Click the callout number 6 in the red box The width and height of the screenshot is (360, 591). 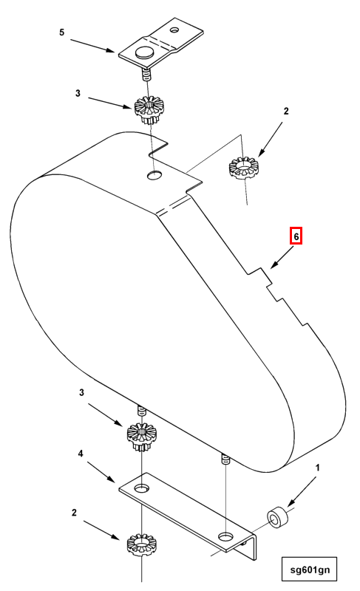[296, 236]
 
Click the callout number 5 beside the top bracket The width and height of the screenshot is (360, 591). [62, 32]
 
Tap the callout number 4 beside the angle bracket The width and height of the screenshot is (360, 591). [81, 454]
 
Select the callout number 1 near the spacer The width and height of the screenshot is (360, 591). [317, 468]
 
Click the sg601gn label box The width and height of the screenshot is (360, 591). [309, 569]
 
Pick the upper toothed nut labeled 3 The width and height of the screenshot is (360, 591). [149, 109]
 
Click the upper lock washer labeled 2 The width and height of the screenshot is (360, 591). [245, 168]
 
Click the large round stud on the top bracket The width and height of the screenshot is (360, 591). [144, 52]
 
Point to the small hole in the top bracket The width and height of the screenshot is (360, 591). [175, 29]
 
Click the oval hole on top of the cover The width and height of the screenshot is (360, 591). [154, 175]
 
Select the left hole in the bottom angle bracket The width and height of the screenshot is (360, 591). [141, 488]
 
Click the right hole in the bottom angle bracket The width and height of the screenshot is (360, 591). [225, 536]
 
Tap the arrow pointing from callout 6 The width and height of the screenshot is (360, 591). [282, 256]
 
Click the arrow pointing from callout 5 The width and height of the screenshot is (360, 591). [92, 46]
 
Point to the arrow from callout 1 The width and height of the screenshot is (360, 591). [302, 492]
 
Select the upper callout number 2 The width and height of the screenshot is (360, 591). [286, 112]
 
